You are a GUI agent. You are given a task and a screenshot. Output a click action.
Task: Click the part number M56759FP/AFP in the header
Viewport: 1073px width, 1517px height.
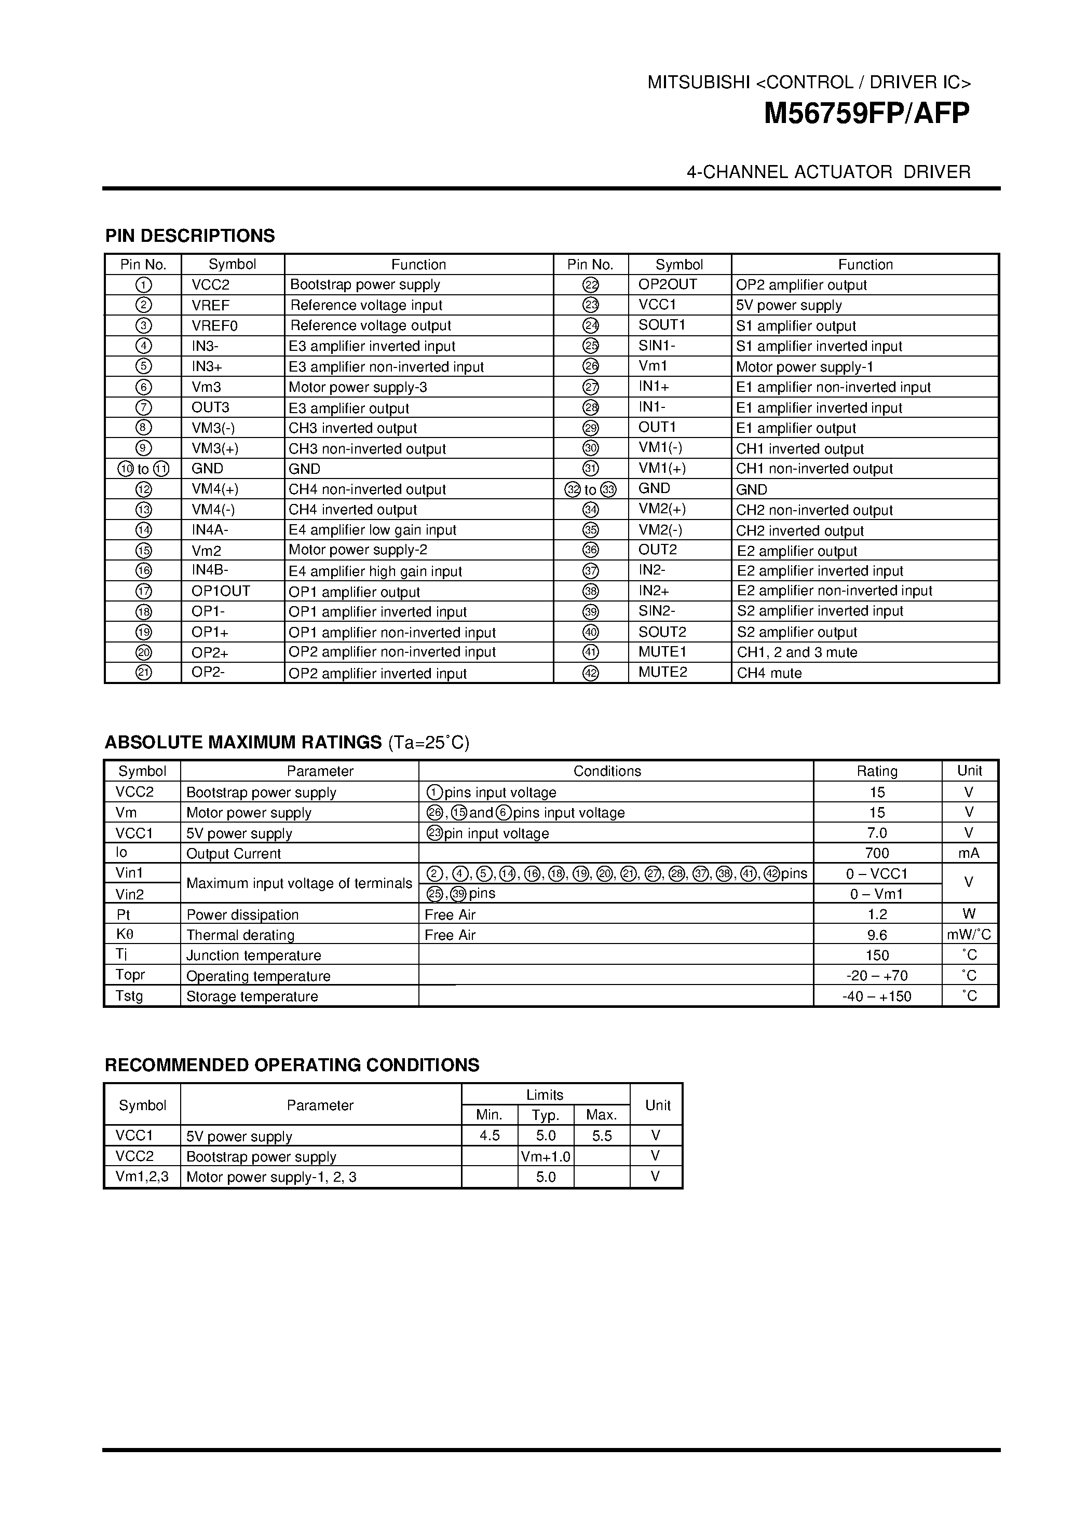[x=866, y=114]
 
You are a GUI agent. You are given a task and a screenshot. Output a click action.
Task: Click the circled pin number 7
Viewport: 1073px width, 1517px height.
[x=143, y=407]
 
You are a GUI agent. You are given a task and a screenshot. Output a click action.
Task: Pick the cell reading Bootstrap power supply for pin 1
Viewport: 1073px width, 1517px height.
[x=365, y=285]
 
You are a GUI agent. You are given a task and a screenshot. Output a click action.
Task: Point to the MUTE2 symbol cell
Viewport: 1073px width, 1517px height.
[x=663, y=673]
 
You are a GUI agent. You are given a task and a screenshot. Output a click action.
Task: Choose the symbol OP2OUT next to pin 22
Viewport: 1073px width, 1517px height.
[x=668, y=285]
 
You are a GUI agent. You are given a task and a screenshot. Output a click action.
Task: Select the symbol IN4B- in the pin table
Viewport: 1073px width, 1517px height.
[x=209, y=570]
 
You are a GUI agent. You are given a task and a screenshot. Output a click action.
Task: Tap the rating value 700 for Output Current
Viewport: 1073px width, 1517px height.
[x=877, y=854]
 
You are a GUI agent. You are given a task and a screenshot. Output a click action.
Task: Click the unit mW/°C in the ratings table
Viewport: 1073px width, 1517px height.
[x=969, y=935]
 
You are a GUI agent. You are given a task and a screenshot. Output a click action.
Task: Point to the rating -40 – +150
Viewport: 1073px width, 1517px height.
[x=877, y=996]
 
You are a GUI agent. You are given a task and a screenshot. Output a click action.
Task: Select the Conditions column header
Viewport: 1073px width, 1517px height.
[x=606, y=771]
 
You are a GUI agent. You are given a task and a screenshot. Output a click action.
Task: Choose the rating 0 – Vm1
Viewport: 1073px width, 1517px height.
[x=877, y=894]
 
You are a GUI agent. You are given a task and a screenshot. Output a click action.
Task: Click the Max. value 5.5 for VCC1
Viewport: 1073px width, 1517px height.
[x=601, y=1136]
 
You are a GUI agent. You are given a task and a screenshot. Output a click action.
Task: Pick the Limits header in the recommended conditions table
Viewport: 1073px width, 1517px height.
[x=545, y=1095]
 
